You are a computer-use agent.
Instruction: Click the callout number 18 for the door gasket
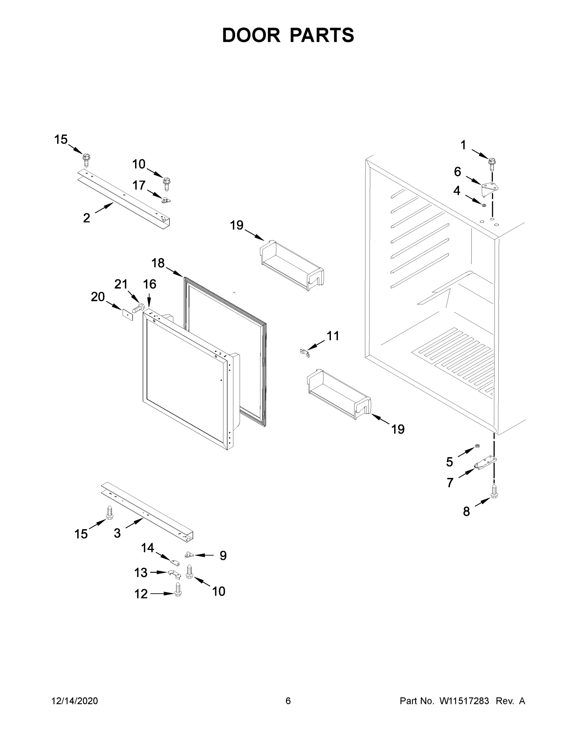pyautogui.click(x=158, y=263)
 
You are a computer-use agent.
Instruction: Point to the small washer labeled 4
pyautogui.click(x=483, y=205)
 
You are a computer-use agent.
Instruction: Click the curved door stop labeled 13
pyautogui.click(x=175, y=574)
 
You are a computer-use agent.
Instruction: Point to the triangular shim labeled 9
pyautogui.click(x=189, y=555)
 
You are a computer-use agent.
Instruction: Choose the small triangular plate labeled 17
pyautogui.click(x=166, y=200)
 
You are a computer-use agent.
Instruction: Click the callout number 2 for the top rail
pyautogui.click(x=86, y=218)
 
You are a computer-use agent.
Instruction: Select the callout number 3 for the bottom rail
pyautogui.click(x=117, y=533)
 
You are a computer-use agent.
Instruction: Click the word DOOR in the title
pyautogui.click(x=251, y=35)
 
